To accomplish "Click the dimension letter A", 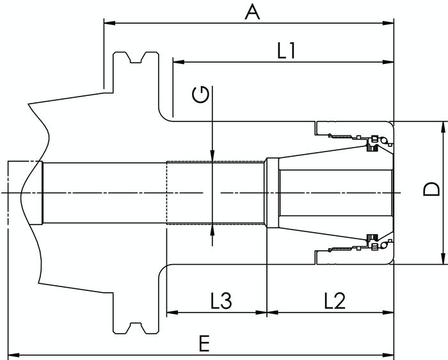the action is pyautogui.click(x=252, y=12).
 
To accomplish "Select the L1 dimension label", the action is pyautogui.click(x=287, y=51).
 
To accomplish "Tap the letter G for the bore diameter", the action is pyautogui.click(x=200, y=95).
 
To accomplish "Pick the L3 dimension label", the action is pyautogui.click(x=221, y=301).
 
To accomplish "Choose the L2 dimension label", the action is pyautogui.click(x=335, y=301).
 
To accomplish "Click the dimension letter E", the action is pyautogui.click(x=204, y=343).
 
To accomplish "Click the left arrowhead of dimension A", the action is pyautogui.click(x=110, y=23).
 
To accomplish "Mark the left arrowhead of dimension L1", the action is pyautogui.click(x=179, y=61).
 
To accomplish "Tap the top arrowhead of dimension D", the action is pyautogui.click(x=443, y=127).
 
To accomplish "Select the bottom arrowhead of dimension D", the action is pyautogui.click(x=443, y=258).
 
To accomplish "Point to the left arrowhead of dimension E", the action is pyautogui.click(x=13, y=355).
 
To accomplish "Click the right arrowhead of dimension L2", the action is pyautogui.click(x=388, y=312).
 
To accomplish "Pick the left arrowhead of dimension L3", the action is pyautogui.click(x=172, y=312).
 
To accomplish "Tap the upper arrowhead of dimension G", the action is pyautogui.click(x=212, y=155).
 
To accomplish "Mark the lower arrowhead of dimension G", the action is pyautogui.click(x=212, y=230).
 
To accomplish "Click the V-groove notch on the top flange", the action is pyautogui.click(x=136, y=58).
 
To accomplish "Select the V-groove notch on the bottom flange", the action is pyautogui.click(x=136, y=328).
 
